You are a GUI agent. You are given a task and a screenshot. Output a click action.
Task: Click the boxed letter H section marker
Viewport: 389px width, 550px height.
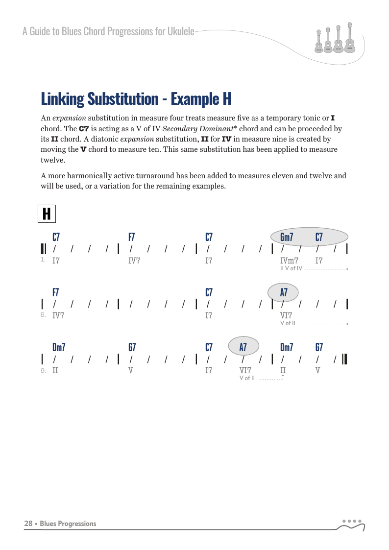(x=47, y=214)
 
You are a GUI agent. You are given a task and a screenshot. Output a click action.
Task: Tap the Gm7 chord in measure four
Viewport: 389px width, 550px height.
(x=287, y=237)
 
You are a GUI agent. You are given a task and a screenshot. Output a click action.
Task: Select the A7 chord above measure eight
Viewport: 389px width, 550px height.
(x=284, y=293)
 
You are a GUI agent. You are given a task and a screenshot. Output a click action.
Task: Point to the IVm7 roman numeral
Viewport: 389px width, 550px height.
(x=289, y=261)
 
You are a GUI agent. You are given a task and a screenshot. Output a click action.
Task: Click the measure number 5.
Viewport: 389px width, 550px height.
(x=43, y=315)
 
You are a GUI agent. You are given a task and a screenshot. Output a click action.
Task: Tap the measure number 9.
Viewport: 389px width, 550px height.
(x=43, y=371)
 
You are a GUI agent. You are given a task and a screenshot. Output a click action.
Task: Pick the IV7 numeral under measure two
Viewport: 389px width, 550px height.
(x=134, y=261)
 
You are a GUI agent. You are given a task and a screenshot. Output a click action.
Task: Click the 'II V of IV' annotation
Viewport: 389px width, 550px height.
(x=291, y=268)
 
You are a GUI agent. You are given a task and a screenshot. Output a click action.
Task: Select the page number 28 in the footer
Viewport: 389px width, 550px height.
(x=28, y=524)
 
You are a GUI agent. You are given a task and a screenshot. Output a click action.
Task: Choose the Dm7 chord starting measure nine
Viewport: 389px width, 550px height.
(x=59, y=347)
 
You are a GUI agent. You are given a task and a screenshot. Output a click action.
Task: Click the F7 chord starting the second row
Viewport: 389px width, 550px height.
(x=56, y=292)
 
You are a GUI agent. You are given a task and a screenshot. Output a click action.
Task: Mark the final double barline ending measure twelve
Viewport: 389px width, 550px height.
(x=345, y=359)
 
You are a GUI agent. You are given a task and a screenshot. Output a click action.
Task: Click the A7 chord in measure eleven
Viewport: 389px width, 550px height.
(x=243, y=347)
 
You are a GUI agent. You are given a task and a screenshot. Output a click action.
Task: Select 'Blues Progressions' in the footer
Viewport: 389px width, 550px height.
(x=68, y=524)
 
